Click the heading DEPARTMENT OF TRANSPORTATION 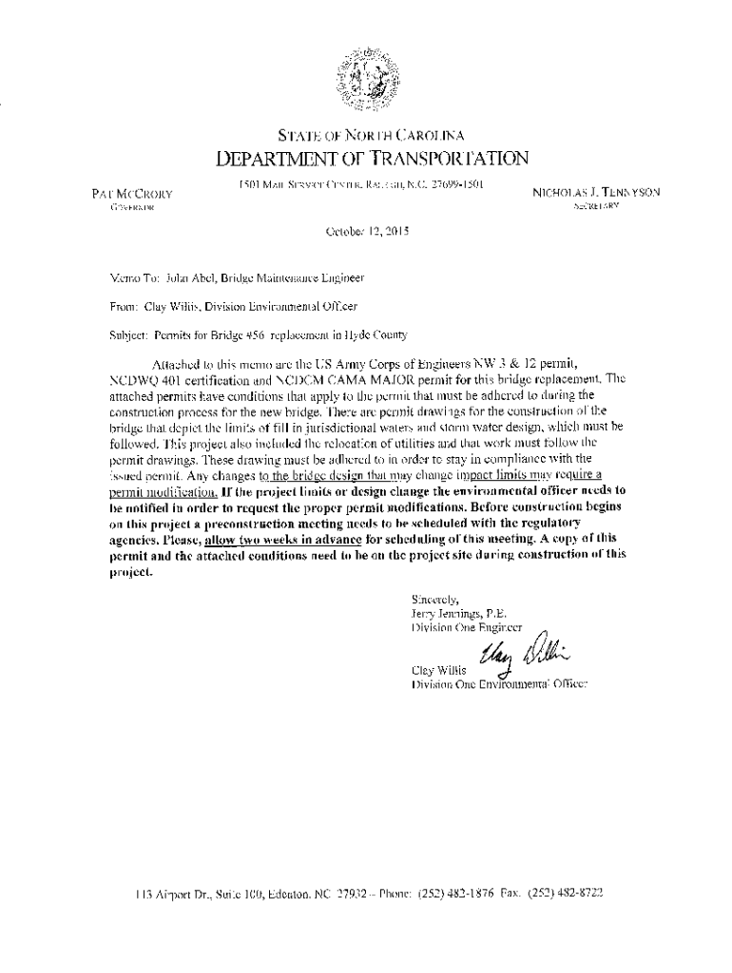[365, 157]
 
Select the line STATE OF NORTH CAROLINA [365, 134]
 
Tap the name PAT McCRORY [132, 193]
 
